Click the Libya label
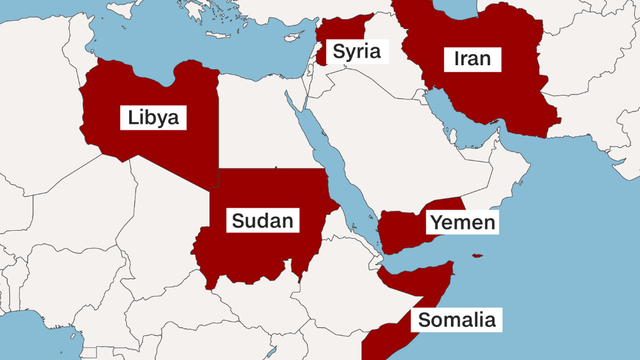[x=154, y=117]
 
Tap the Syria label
[x=357, y=51]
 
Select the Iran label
[x=472, y=59]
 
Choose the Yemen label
[x=461, y=222]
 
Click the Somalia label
[x=455, y=321]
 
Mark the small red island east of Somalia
[x=478, y=256]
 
